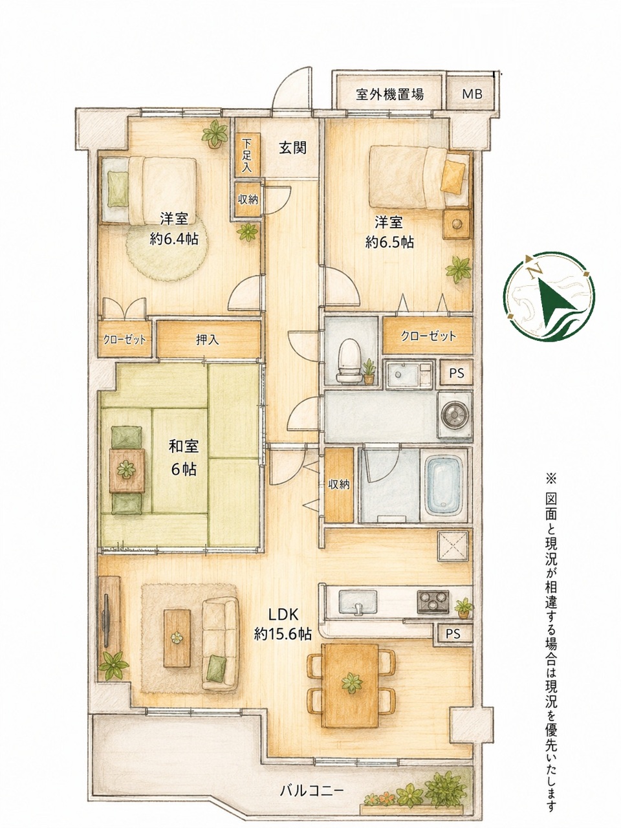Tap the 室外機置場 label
pyautogui.click(x=390, y=94)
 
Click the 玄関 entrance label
pyautogui.click(x=292, y=148)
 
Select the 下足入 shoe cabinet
pyautogui.click(x=247, y=155)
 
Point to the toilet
pyautogui.click(x=349, y=360)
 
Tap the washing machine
pyautogui.click(x=454, y=415)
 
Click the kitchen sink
pyautogui.click(x=358, y=601)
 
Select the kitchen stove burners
pyautogui.click(x=433, y=602)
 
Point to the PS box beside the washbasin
pyautogui.click(x=456, y=373)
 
